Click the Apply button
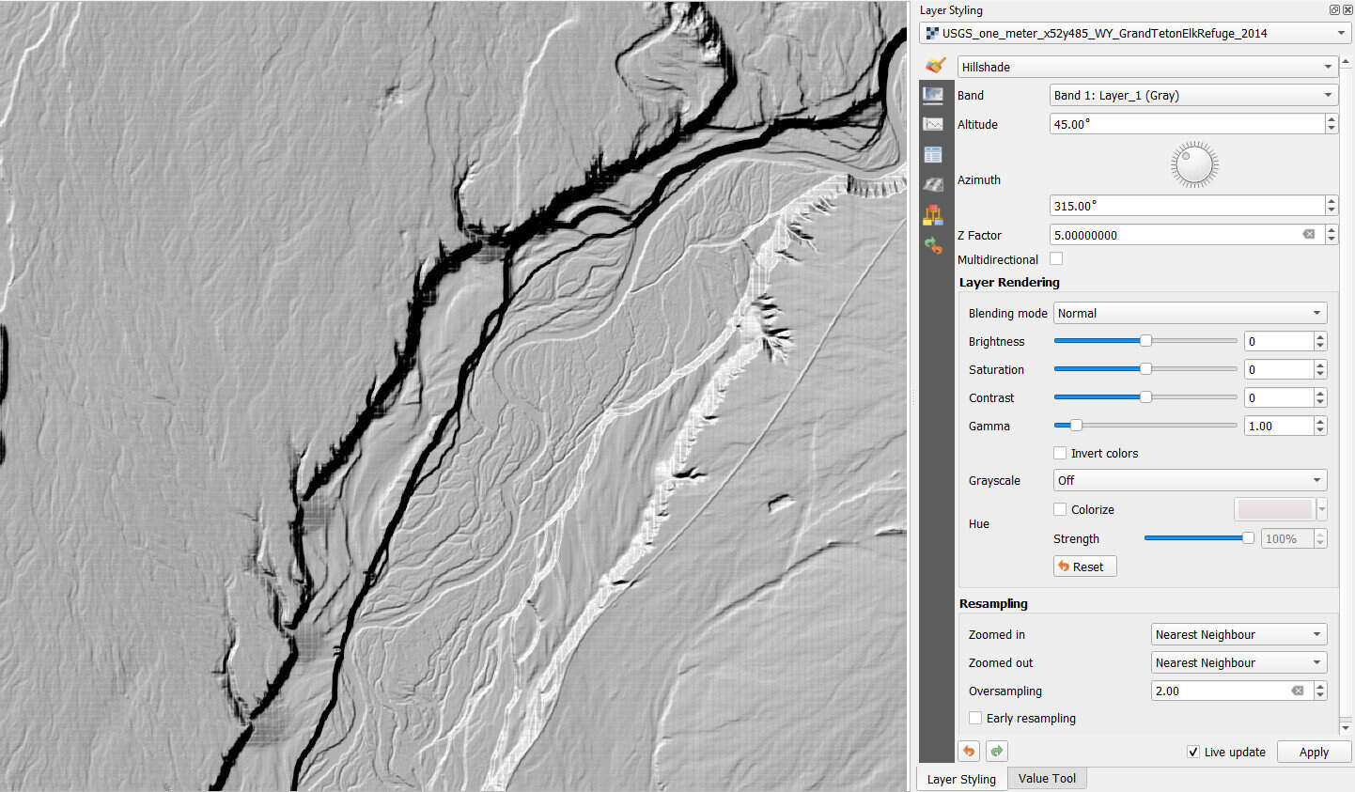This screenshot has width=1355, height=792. coord(1313,752)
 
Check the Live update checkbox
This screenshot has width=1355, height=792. coord(1193,752)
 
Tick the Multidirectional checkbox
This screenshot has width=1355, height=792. coord(1056,259)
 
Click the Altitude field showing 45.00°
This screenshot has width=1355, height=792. coord(1186,124)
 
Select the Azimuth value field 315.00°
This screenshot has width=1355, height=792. coord(1186,206)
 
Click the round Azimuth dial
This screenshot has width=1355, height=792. coord(1194,165)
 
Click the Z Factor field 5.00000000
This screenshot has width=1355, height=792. coord(1175,235)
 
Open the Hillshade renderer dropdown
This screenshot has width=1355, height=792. coord(1146,67)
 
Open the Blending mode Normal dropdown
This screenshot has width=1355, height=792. coord(1190,313)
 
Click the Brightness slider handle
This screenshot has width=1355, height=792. coord(1145,341)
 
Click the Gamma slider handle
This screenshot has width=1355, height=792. coord(1076,426)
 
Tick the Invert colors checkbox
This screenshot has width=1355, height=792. coord(1060,453)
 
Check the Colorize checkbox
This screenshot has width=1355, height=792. coord(1060,509)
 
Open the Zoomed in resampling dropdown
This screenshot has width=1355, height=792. coord(1238,634)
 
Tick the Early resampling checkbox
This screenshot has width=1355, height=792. coord(975,718)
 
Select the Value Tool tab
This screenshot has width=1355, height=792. coord(1047,778)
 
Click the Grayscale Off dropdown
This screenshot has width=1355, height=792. coord(1190,480)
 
